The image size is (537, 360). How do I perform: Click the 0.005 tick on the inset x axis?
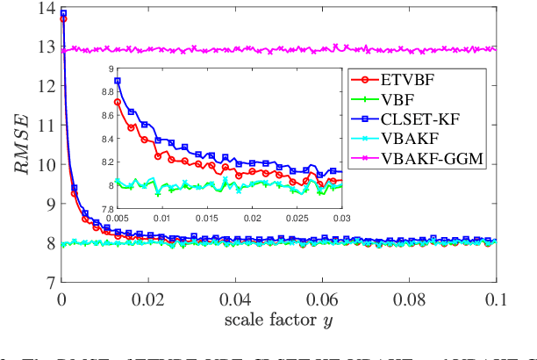point(116,216)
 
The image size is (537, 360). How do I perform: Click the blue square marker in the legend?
point(363,119)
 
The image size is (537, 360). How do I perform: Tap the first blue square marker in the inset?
point(117,81)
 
